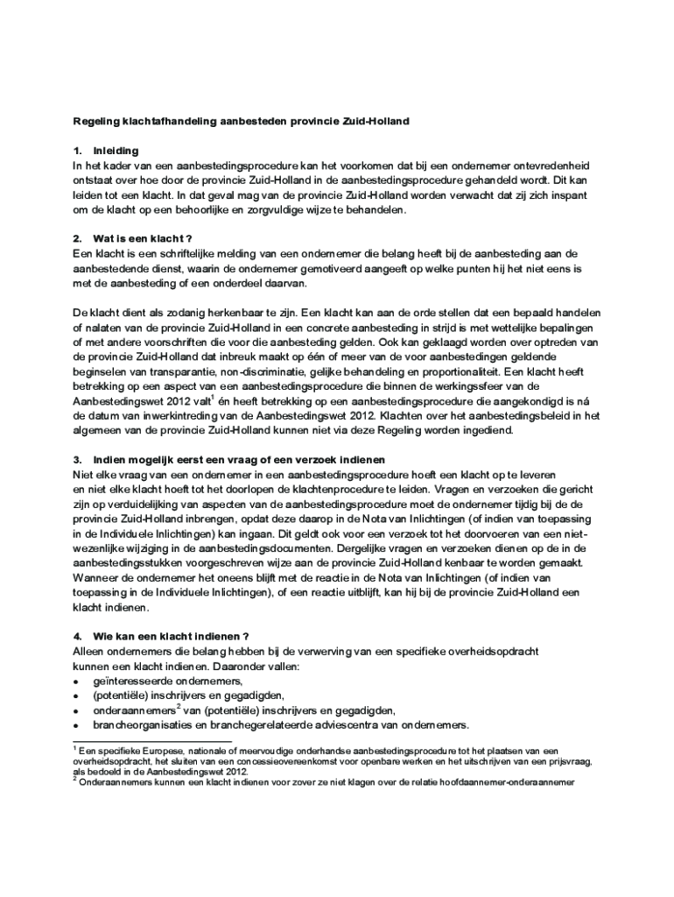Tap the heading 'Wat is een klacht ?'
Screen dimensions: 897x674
(142, 238)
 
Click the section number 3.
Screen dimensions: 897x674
(77, 460)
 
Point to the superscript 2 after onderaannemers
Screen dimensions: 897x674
(179, 707)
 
